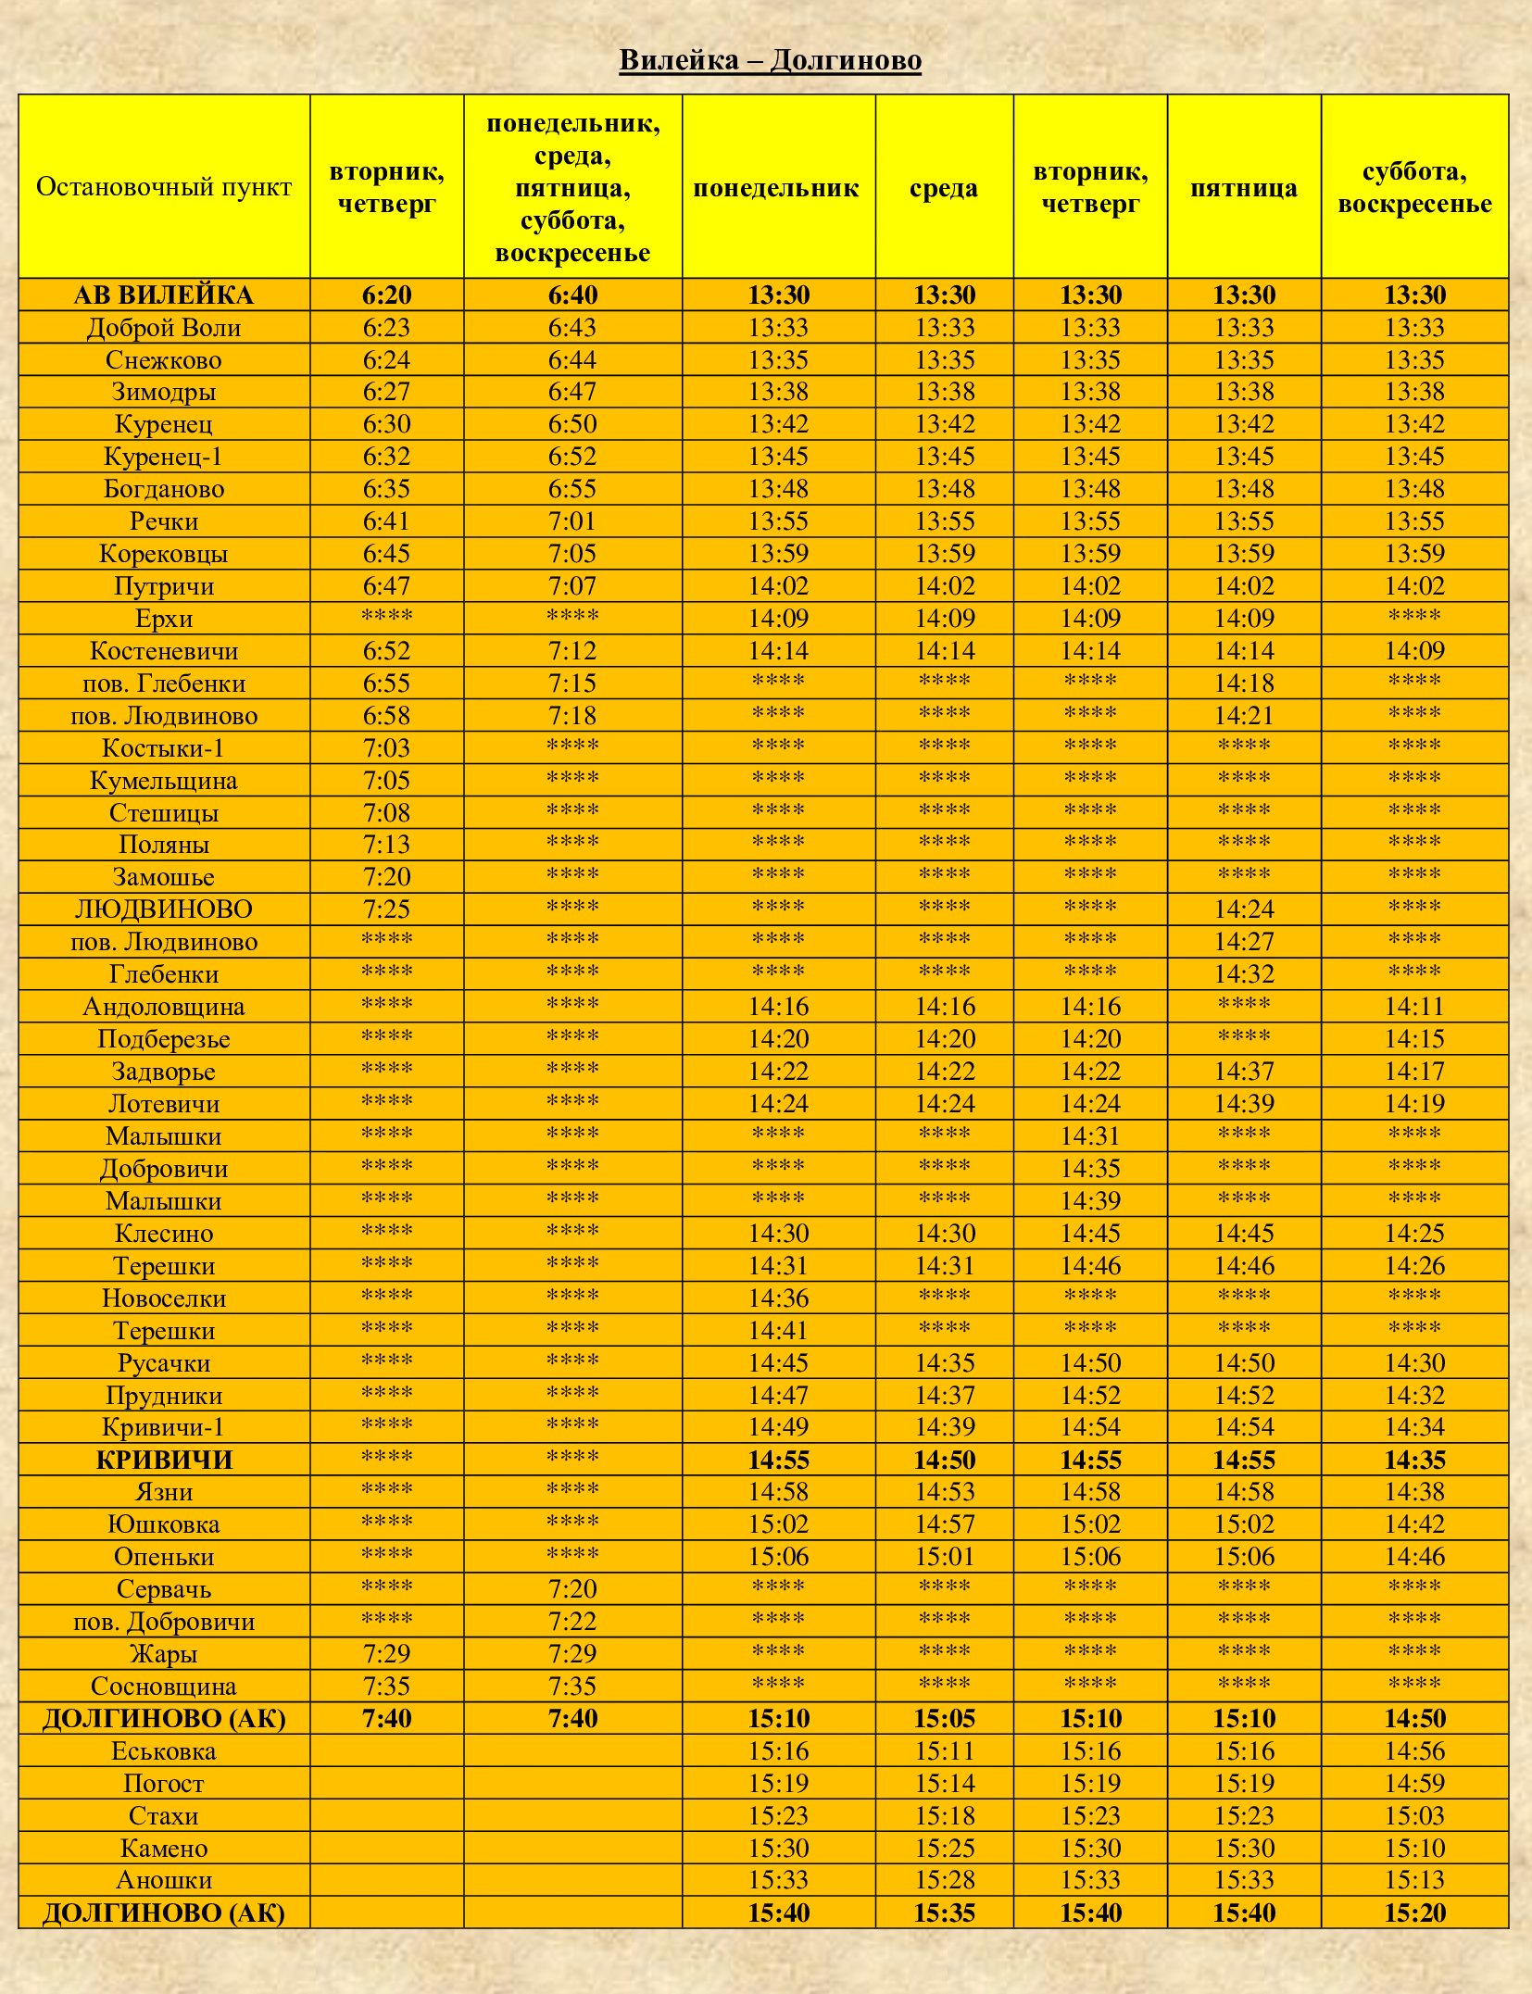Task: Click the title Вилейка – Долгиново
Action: [770, 60]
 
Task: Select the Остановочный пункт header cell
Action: [164, 187]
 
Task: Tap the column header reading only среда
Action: [944, 188]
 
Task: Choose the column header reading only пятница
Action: [1243, 188]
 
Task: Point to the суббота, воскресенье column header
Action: [1414, 187]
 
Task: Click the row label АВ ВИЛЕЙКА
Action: [164, 295]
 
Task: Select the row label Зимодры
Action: [164, 392]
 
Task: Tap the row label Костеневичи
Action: [164, 651]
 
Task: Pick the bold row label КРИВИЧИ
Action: [164, 1460]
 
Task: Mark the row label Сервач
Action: [164, 1589]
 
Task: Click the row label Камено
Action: [164, 1848]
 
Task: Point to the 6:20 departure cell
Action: [386, 295]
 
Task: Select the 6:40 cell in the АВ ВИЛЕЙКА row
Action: [572, 295]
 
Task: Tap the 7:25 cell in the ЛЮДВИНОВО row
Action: [386, 909]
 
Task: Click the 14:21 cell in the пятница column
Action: [1244, 716]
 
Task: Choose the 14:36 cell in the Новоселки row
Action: [778, 1298]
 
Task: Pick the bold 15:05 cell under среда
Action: [944, 1719]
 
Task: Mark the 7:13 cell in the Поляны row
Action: [386, 845]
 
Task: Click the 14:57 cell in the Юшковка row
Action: [944, 1524]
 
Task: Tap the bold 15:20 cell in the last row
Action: [1414, 1912]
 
